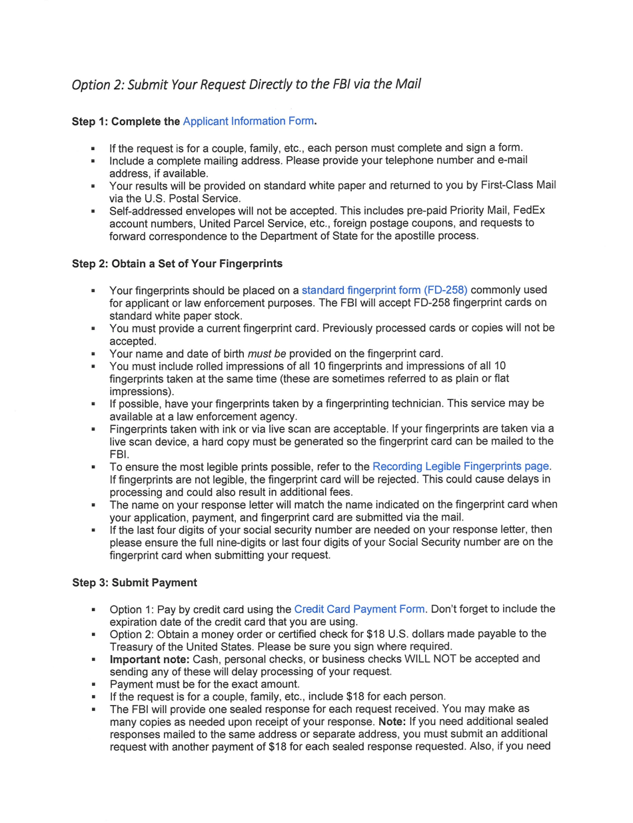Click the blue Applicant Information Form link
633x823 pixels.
pyautogui.click(x=248, y=121)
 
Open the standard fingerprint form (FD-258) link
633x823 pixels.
pyautogui.click(x=384, y=290)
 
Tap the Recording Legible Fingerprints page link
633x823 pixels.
pyautogui.click(x=461, y=466)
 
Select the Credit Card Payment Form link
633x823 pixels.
pyautogui.click(x=359, y=608)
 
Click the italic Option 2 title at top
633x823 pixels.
pyautogui.click(x=246, y=85)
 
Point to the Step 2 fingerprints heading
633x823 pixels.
pyautogui.click(x=177, y=264)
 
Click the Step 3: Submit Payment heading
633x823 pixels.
pyautogui.click(x=134, y=582)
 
